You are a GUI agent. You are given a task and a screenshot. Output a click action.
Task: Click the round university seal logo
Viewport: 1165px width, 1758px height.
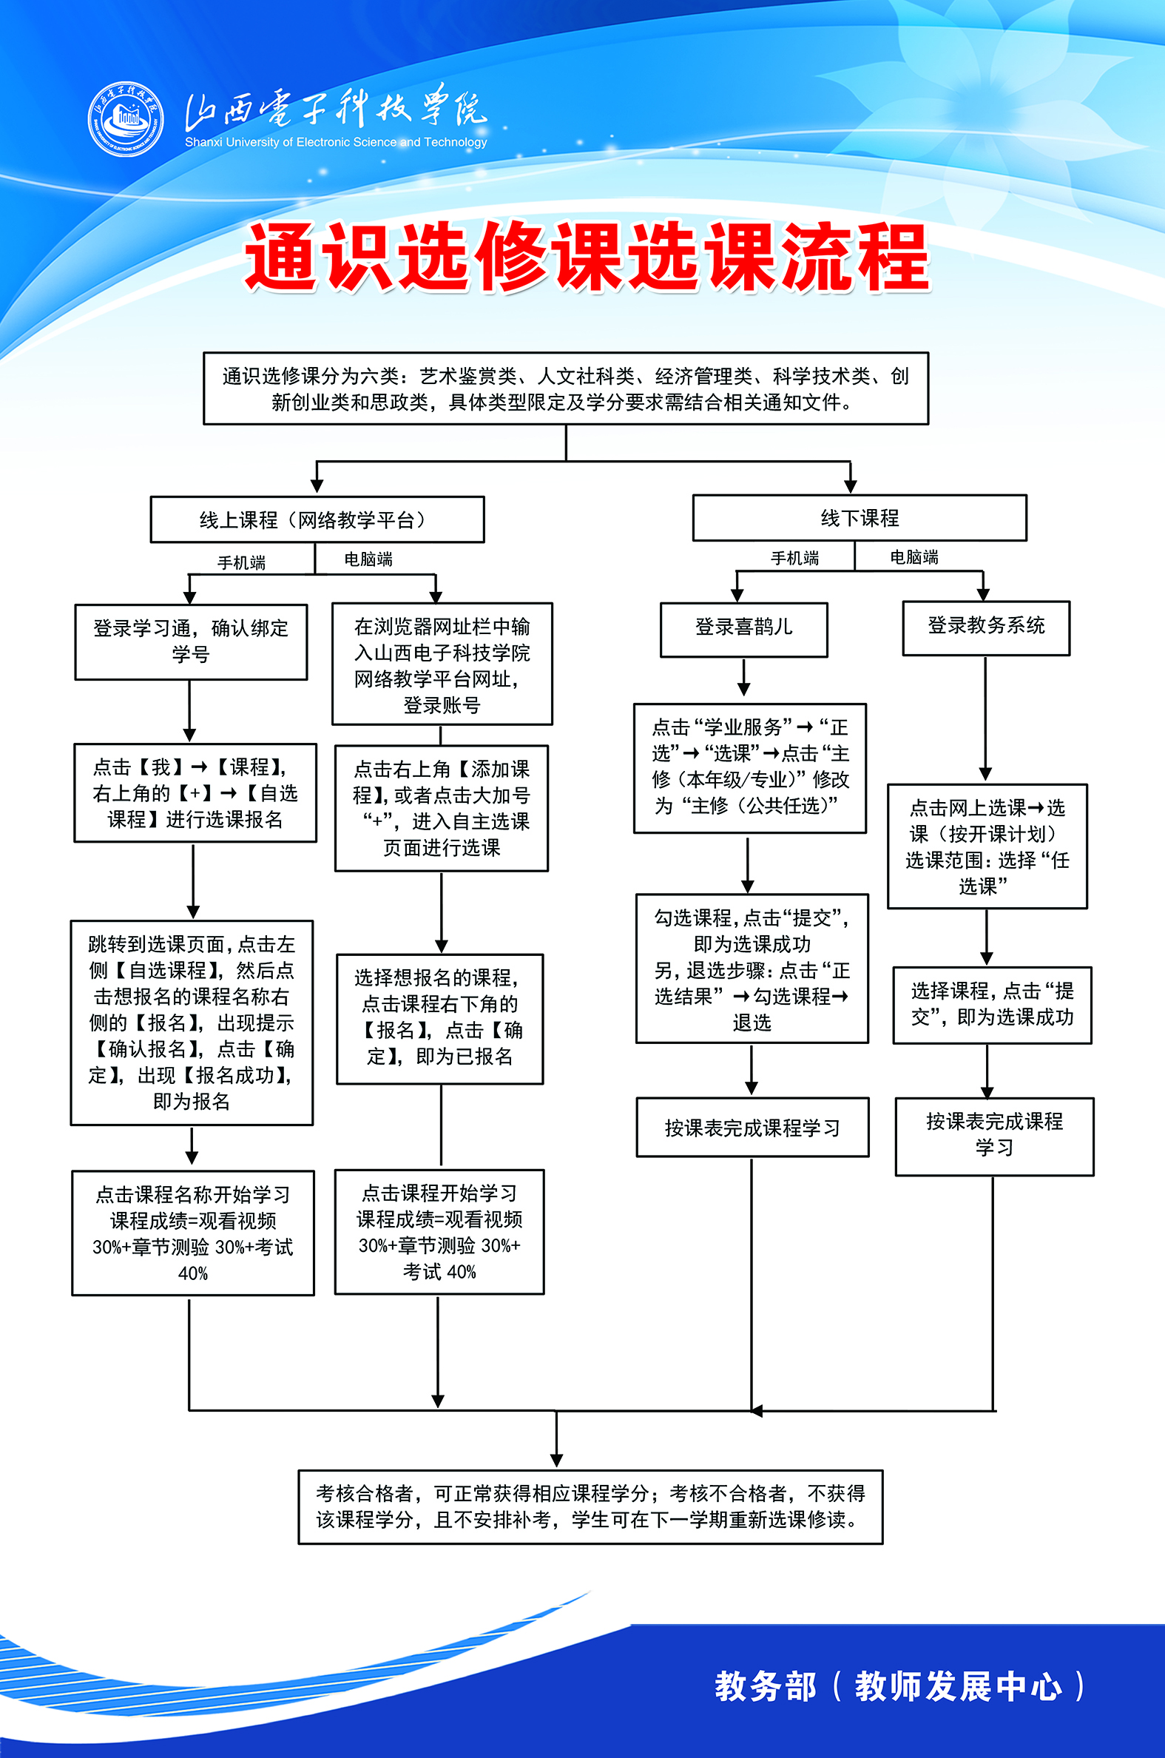[126, 119]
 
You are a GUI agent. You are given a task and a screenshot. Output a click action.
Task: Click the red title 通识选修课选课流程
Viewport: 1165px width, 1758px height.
[587, 256]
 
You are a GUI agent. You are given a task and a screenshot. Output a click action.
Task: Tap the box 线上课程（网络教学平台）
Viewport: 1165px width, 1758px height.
[317, 519]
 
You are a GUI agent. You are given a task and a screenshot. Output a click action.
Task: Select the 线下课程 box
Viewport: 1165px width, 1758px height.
[859, 518]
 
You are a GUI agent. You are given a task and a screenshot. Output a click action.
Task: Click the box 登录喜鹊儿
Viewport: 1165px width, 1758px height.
[743, 629]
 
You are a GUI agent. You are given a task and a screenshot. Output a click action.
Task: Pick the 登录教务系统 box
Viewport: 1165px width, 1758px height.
[986, 627]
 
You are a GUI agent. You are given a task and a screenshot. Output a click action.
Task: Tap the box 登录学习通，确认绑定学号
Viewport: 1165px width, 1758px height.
[191, 641]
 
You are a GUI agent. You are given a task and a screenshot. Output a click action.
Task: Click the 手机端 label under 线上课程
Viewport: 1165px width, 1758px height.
[240, 562]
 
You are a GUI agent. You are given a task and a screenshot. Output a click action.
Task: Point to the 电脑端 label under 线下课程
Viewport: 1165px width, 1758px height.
[914, 557]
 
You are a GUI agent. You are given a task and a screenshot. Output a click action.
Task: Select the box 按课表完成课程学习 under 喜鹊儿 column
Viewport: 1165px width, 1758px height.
[752, 1127]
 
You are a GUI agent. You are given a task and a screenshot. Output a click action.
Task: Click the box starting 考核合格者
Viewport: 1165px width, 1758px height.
[590, 1506]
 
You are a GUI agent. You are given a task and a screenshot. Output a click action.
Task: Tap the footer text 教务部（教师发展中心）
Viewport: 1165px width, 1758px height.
[899, 1685]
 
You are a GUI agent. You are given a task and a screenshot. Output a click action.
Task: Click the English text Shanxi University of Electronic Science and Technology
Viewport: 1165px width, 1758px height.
[336, 142]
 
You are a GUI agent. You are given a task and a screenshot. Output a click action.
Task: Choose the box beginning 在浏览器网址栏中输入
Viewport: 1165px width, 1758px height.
[442, 664]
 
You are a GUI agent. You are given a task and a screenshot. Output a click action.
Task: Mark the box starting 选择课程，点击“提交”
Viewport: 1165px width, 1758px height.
[992, 1004]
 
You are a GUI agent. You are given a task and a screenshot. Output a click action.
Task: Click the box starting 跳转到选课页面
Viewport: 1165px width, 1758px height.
[192, 1022]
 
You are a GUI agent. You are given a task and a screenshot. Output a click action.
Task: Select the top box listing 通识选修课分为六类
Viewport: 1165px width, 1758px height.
[565, 388]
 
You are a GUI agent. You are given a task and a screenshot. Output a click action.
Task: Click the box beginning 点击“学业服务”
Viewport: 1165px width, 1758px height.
[750, 767]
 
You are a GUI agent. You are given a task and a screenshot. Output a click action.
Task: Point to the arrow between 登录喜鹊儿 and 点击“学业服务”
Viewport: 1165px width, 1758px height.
[743, 678]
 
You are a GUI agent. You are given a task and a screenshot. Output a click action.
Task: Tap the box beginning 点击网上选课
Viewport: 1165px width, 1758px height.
[987, 846]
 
